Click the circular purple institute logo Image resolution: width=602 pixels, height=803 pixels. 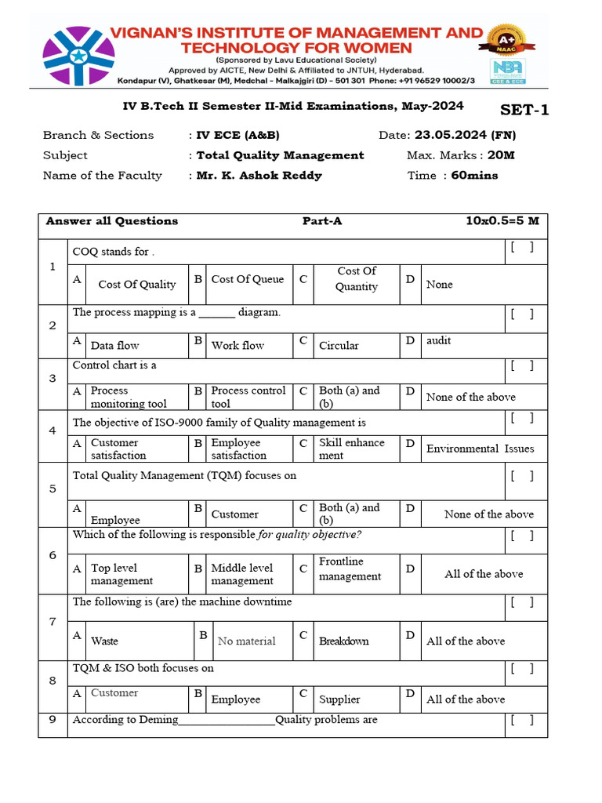click(78, 56)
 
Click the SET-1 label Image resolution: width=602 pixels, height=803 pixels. click(524, 110)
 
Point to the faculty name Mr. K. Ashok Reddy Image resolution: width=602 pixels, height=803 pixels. click(259, 176)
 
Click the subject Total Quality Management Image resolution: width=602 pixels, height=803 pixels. click(280, 155)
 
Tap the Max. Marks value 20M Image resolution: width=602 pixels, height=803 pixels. click(501, 155)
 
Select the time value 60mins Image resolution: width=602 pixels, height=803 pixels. click(474, 176)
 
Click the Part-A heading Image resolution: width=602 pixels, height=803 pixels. click(322, 221)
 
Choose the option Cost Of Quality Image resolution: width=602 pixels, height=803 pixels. click(137, 285)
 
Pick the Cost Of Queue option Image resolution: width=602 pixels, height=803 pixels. click(248, 279)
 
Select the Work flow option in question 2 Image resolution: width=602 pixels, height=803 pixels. click(238, 345)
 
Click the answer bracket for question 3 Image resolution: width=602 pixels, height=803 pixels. click(522, 365)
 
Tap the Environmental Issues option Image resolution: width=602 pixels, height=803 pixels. click(480, 449)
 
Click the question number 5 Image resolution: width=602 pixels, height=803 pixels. click(53, 489)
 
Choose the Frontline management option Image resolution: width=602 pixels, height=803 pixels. click(350, 569)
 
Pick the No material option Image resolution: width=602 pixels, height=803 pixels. click(246, 641)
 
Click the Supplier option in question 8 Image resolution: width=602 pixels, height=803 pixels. click(339, 699)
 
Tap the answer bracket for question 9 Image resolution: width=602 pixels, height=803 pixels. click(522, 720)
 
